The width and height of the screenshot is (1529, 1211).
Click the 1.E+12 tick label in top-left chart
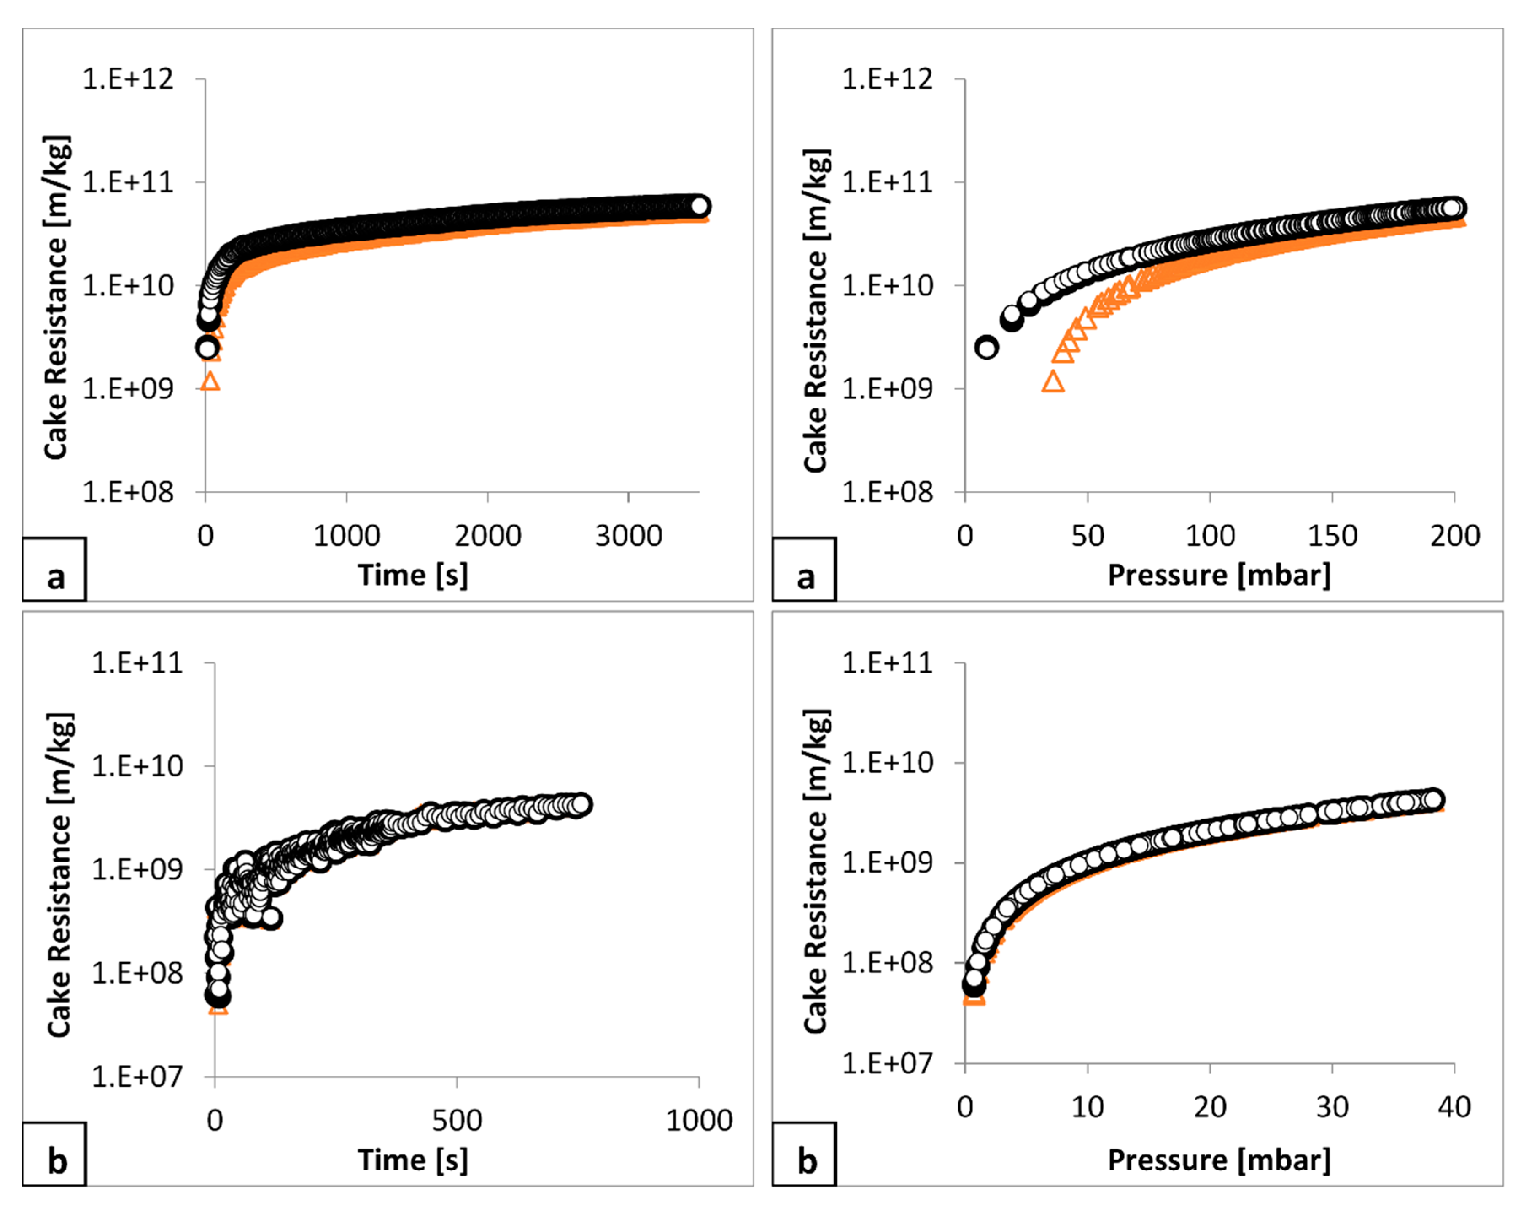click(127, 79)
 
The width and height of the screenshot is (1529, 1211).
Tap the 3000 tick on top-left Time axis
click(628, 536)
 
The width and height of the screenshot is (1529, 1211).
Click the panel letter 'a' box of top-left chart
click(54, 570)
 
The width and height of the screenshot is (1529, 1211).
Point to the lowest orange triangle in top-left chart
click(210, 382)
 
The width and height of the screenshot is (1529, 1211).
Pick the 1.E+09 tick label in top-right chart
click(887, 389)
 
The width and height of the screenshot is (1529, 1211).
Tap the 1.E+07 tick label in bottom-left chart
click(137, 1077)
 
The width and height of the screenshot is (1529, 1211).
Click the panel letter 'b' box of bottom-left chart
click(54, 1154)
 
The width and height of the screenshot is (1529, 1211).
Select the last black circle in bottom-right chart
click(1432, 799)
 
